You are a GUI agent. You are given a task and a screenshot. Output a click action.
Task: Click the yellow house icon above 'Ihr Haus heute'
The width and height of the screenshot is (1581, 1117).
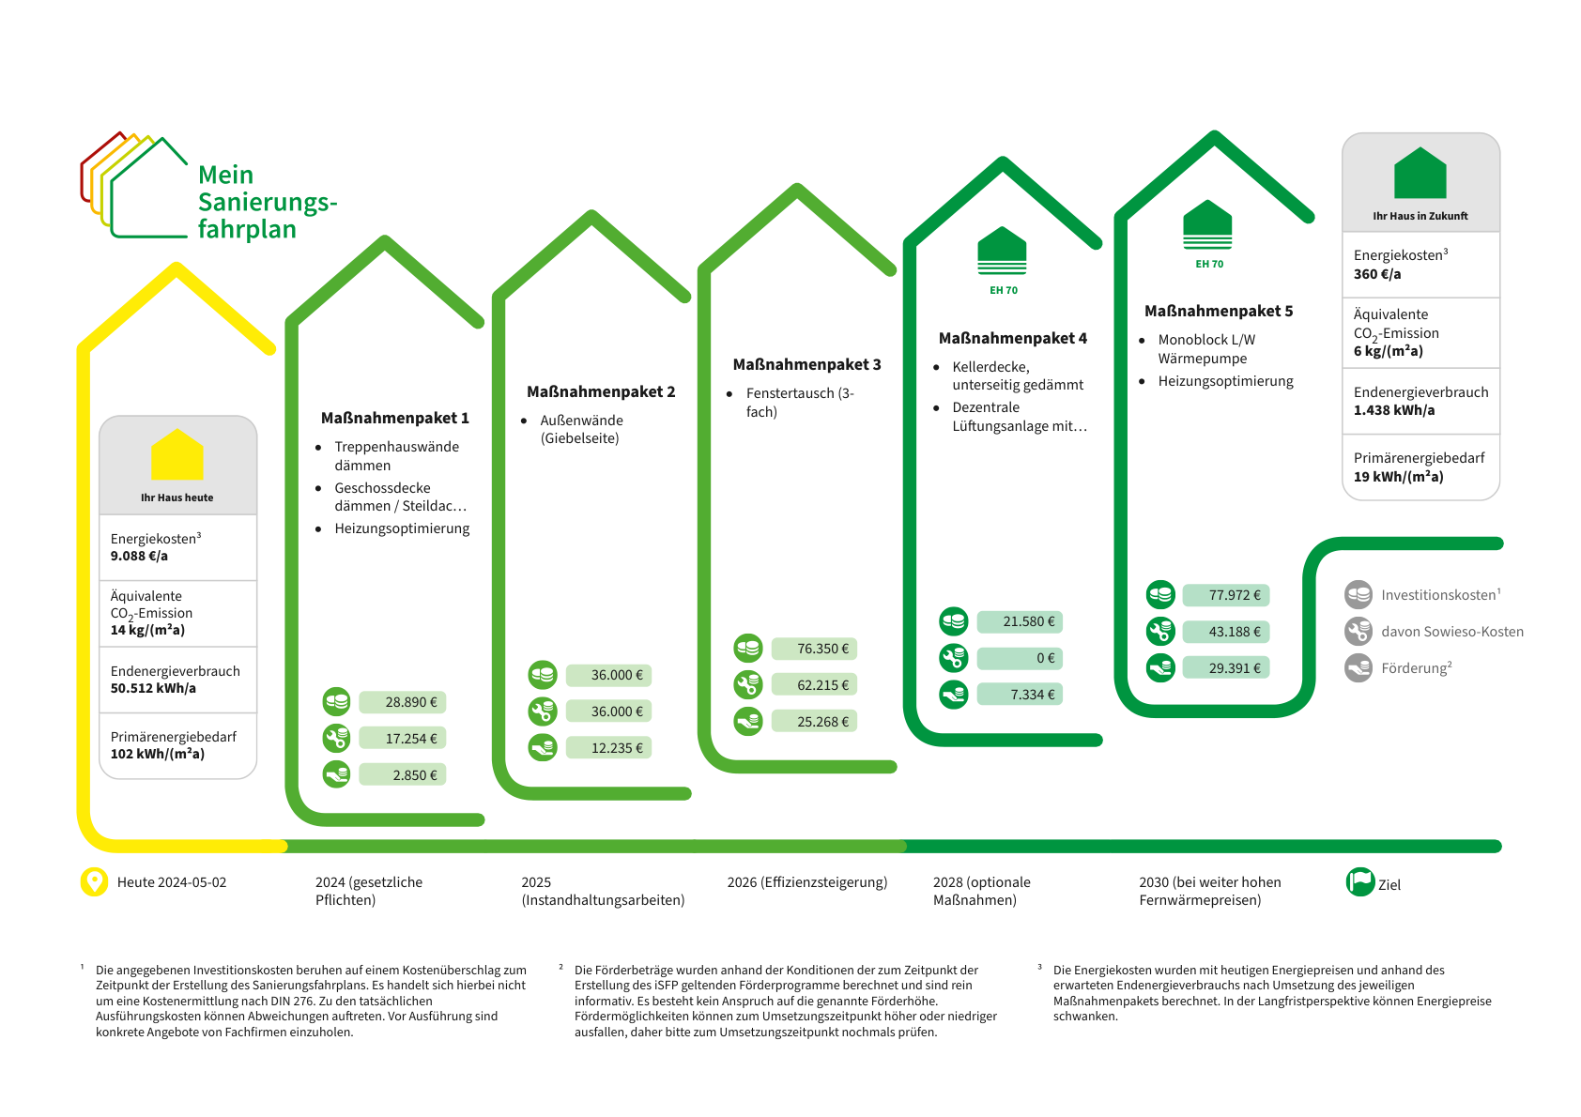click(177, 455)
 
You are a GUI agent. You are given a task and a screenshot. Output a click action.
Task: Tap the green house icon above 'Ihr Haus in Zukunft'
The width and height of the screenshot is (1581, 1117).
click(1420, 173)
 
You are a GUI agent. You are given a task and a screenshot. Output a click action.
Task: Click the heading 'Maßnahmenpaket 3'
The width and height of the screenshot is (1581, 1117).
click(806, 364)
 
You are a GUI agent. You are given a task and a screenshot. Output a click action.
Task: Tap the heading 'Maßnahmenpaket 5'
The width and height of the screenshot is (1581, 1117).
click(1218, 311)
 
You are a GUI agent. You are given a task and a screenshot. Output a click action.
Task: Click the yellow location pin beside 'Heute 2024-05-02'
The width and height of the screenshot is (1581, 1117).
click(94, 882)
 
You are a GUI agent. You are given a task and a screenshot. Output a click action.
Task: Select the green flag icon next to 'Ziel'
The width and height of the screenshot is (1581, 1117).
click(1359, 882)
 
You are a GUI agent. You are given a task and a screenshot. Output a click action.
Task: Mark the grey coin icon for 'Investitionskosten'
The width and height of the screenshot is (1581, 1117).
click(1358, 595)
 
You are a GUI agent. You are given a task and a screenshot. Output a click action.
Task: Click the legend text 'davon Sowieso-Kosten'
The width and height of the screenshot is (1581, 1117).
click(1451, 632)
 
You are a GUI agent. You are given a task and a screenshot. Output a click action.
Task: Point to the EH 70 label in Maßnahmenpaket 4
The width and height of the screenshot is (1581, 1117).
click(1003, 290)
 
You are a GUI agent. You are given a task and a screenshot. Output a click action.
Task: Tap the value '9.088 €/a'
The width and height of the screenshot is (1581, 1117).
click(139, 556)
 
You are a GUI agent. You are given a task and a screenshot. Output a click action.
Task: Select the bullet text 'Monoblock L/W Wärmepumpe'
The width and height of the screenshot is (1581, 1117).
click(1205, 349)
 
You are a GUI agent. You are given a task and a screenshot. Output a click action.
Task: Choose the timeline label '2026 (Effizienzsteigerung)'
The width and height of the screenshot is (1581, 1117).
click(806, 882)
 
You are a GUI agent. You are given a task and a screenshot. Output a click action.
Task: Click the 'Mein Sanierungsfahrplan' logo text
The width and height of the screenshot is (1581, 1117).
click(267, 202)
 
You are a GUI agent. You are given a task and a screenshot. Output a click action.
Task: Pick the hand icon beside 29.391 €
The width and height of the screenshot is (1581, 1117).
click(1160, 668)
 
